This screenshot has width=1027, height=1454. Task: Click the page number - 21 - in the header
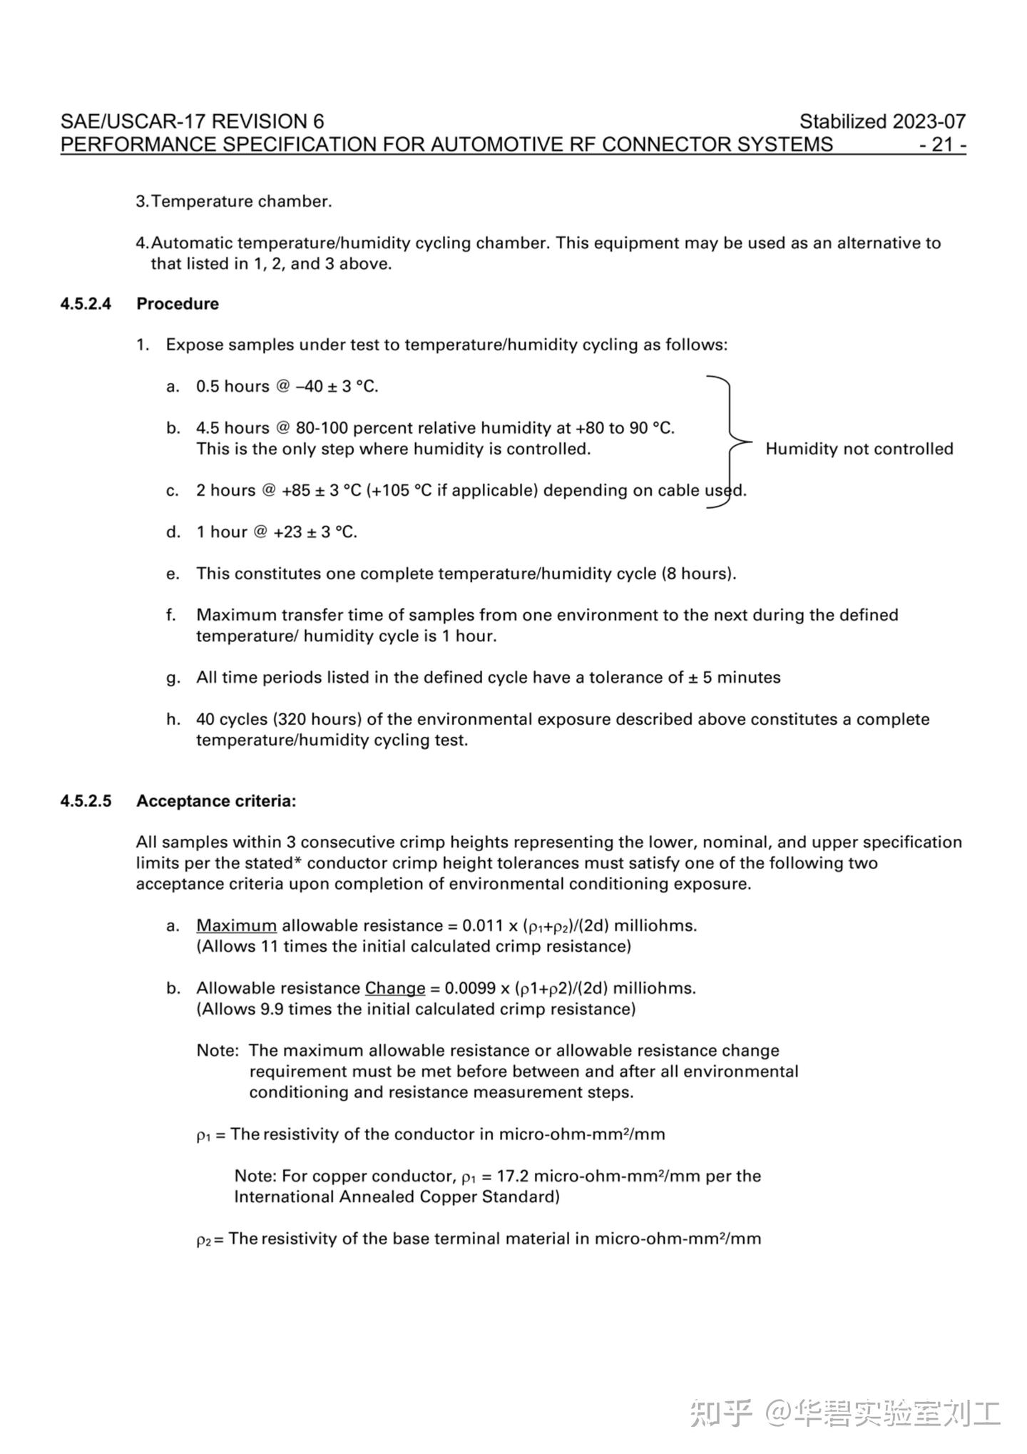coord(942,145)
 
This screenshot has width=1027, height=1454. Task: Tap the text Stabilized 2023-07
coord(882,121)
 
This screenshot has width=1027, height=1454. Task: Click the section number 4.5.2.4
coord(86,304)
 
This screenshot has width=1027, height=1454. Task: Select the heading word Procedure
coord(178,304)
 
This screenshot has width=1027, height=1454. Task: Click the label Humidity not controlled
coord(859,449)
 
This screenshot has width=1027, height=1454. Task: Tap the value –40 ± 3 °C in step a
coord(337,387)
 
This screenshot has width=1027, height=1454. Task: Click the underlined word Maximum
coord(236,926)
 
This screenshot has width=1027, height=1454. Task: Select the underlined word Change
coord(395,989)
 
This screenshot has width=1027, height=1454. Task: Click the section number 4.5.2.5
coord(86,801)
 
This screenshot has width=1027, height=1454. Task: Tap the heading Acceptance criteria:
coord(216,801)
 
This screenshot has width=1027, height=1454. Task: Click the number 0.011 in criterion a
coord(482,926)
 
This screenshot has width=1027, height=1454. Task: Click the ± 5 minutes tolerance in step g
coord(735,678)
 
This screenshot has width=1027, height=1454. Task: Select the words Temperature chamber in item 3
coord(241,202)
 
